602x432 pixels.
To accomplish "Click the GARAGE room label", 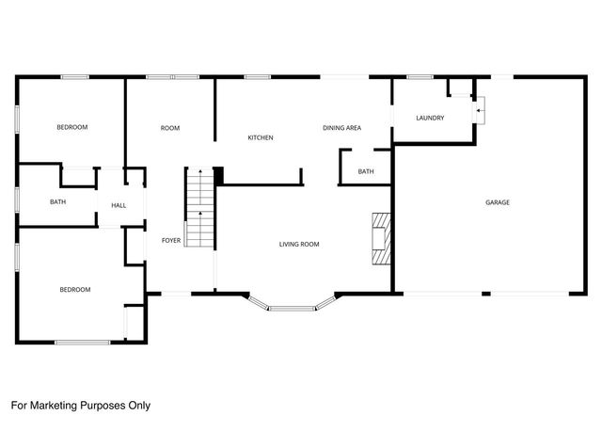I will pos(497,202).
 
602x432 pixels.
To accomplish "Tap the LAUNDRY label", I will pos(430,118).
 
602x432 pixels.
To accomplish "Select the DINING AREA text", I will pos(341,128).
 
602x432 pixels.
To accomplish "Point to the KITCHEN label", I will pos(261,138).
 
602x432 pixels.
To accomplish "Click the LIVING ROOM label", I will pos(299,245).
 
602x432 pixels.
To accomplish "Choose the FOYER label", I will pos(170,240).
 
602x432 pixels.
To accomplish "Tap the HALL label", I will pos(119,205).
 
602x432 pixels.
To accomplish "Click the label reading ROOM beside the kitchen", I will pos(170,128).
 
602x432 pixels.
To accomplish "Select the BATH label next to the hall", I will pos(57,201).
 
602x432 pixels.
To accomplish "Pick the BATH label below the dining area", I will pos(366,171).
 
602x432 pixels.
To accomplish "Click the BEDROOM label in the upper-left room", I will pos(71,127).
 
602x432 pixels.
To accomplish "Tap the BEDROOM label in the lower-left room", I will pos(75,290).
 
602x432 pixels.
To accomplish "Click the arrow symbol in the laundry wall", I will pos(480,111).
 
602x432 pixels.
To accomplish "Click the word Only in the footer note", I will pos(137,406).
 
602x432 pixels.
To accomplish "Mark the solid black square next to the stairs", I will pos(219,176).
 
